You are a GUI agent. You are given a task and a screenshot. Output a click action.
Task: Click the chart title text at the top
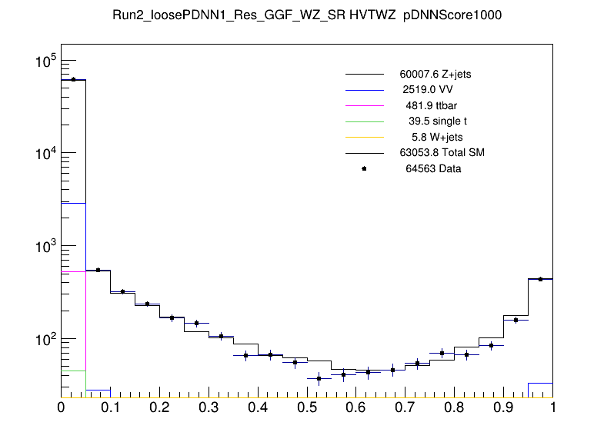coord(307,15)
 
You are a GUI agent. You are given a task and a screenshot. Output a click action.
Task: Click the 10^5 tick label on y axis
coord(42,61)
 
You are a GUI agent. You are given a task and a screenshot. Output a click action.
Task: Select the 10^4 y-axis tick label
coord(42,154)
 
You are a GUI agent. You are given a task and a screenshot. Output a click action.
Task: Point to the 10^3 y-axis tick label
coord(42,247)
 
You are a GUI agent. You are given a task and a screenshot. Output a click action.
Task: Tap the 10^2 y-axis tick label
coord(42,339)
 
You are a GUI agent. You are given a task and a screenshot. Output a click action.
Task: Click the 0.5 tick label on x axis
coord(307,409)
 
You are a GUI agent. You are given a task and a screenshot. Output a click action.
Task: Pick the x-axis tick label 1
coord(552,409)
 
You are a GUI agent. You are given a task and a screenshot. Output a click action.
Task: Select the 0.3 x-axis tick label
coord(209,409)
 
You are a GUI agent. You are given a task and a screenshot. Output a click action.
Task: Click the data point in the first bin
coord(73,79)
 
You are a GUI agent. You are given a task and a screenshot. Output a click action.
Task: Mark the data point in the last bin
coord(540,279)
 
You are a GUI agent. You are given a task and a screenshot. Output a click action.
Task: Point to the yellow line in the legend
coord(364,137)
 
